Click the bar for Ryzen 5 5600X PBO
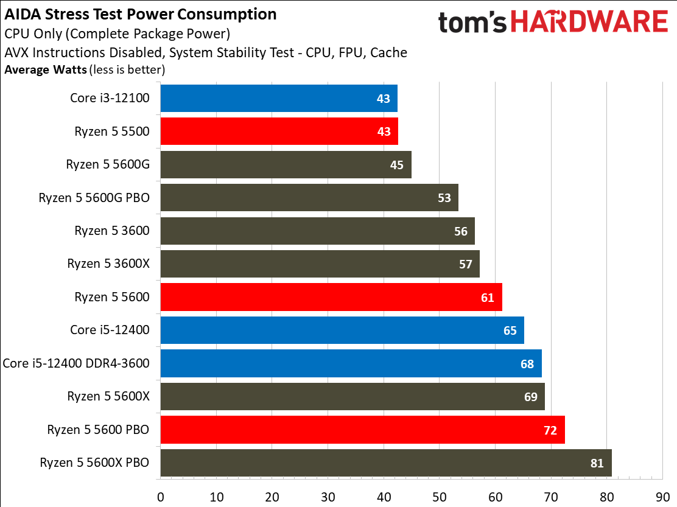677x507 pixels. click(x=385, y=463)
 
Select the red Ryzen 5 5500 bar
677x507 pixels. click(x=279, y=131)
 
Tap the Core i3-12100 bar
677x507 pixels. click(x=278, y=98)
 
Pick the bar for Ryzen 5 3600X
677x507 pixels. click(x=320, y=264)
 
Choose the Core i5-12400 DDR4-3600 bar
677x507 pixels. click(x=351, y=363)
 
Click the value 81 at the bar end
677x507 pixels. click(x=597, y=463)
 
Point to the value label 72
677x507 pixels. click(x=550, y=430)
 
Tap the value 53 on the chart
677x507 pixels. click(x=444, y=198)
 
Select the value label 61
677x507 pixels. click(x=488, y=297)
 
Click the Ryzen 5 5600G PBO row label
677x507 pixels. click(x=94, y=198)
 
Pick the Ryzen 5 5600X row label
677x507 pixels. click(x=108, y=396)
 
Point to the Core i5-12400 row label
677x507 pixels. click(x=110, y=330)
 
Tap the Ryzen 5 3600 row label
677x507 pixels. click(x=112, y=231)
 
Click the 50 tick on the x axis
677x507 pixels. click(x=440, y=497)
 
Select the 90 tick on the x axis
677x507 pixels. click(x=662, y=497)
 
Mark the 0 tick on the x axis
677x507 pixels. click(x=161, y=497)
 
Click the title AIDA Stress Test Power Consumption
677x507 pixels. click(x=141, y=14)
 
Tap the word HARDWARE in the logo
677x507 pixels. click(x=589, y=23)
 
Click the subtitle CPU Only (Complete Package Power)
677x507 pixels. click(x=117, y=34)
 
